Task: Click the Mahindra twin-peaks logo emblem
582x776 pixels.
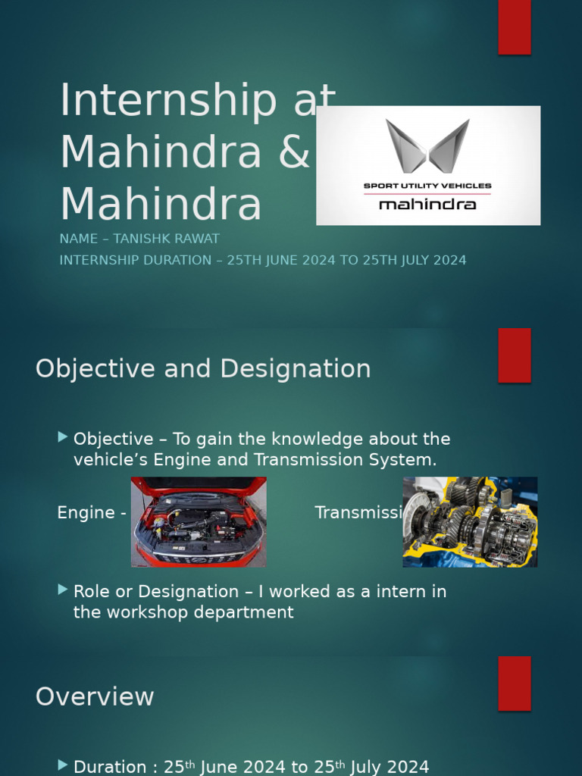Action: [x=427, y=145]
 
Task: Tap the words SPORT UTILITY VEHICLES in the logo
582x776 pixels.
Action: [x=427, y=186]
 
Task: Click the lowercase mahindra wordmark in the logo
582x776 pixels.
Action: [x=427, y=205]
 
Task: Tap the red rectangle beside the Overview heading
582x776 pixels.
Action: [x=514, y=683]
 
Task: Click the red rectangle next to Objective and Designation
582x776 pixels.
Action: [x=514, y=355]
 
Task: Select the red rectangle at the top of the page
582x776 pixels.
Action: [x=514, y=27]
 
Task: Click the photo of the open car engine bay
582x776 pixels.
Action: [x=199, y=521]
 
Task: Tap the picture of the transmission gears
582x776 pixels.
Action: [x=470, y=521]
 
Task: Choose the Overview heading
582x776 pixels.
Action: [x=95, y=696]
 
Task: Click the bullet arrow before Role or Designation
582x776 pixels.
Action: [x=62, y=590]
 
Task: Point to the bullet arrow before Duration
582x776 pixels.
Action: [x=62, y=765]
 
